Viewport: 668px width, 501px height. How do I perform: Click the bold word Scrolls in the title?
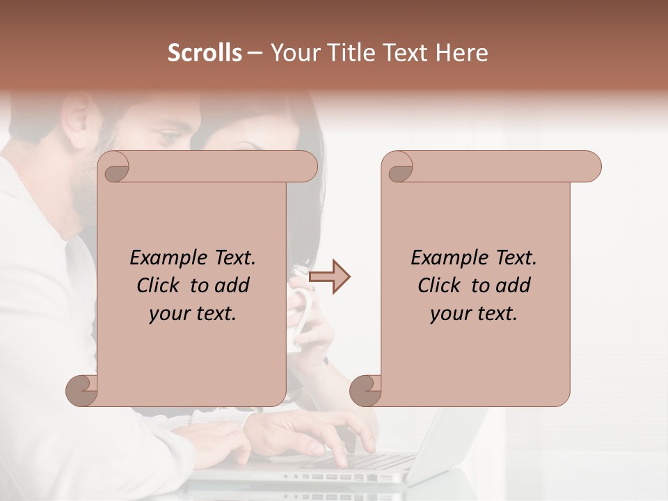tap(205, 53)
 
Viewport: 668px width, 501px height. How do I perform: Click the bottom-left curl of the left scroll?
tap(82, 391)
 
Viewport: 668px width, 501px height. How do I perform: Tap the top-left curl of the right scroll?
tap(399, 167)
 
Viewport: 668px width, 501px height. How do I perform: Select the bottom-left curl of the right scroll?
tap(366, 391)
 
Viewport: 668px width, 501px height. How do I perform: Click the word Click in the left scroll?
tap(159, 285)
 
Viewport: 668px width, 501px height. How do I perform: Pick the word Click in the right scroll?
tap(440, 285)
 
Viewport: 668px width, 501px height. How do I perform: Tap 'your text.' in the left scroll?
tap(193, 314)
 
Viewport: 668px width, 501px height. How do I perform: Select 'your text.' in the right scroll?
tap(474, 314)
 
